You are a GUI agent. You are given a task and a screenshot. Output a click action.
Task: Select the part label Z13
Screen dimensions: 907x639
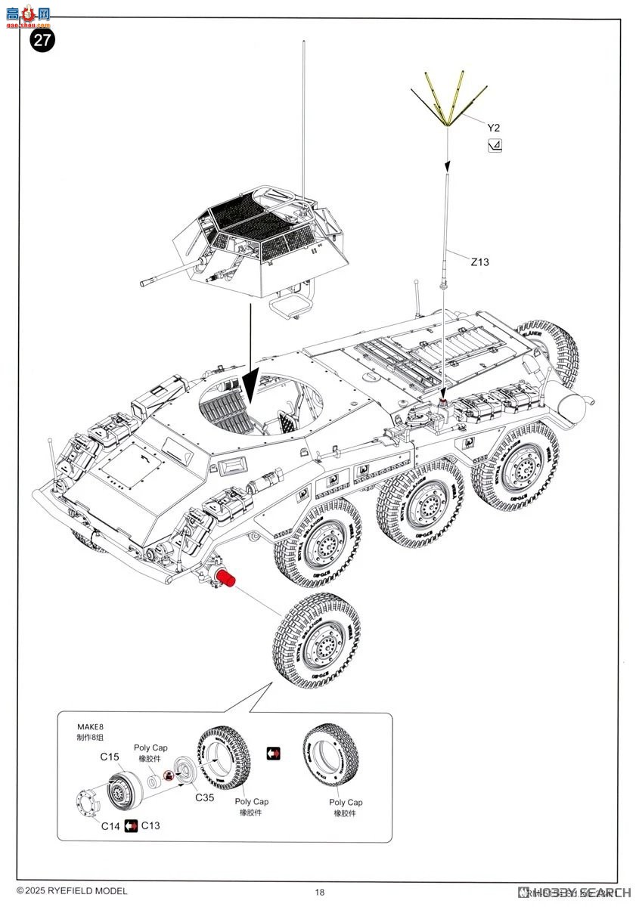click(x=479, y=262)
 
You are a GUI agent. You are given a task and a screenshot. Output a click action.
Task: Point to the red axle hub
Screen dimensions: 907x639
click(x=227, y=580)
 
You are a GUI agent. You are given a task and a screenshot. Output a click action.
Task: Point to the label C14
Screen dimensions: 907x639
click(x=110, y=825)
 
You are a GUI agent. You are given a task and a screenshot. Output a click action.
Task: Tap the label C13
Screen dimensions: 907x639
click(x=150, y=825)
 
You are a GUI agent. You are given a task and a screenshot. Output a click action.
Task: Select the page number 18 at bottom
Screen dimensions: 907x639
click(x=320, y=892)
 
